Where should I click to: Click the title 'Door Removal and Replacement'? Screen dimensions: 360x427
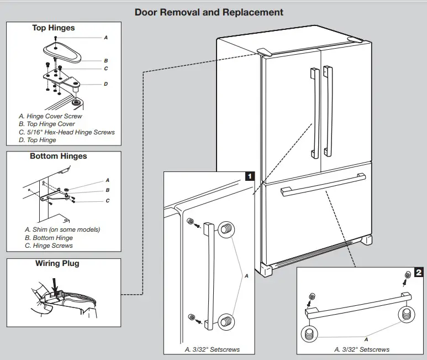[x=209, y=12]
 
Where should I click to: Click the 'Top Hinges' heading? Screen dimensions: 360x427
[x=54, y=28]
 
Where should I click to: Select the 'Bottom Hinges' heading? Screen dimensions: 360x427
[x=58, y=156]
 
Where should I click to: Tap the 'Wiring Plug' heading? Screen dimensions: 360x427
[x=57, y=263]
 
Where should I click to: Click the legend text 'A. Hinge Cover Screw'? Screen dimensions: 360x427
[x=50, y=117]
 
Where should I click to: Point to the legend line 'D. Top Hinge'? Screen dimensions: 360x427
[x=38, y=140]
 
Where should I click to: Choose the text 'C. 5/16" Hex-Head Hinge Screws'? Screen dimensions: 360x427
[x=67, y=132]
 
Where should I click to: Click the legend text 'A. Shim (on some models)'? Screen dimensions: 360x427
[x=62, y=229]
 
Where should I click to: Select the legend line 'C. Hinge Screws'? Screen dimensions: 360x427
[x=49, y=246]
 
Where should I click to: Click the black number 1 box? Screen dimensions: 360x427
[x=250, y=177]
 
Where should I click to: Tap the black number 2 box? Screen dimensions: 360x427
[x=418, y=273]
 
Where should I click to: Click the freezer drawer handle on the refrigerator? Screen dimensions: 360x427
[x=323, y=184]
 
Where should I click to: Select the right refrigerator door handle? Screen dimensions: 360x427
[x=328, y=111]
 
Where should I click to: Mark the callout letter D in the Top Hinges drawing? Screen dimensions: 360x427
[x=106, y=84]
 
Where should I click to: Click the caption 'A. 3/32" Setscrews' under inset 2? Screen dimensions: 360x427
[x=362, y=349]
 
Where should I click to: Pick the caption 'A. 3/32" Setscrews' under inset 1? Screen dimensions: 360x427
[x=212, y=349]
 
